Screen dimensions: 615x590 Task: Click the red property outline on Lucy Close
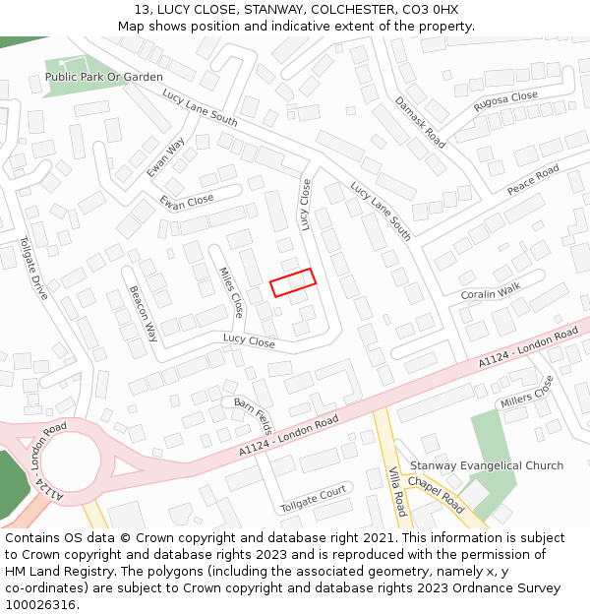293,282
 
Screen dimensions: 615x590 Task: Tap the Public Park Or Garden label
104,76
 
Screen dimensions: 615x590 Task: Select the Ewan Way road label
165,157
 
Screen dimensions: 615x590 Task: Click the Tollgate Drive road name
34,268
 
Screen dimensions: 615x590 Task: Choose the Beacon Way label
144,313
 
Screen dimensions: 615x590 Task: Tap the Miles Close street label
231,292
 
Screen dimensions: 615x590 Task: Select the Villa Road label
397,491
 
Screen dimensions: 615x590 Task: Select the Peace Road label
533,179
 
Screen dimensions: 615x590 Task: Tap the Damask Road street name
420,122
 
